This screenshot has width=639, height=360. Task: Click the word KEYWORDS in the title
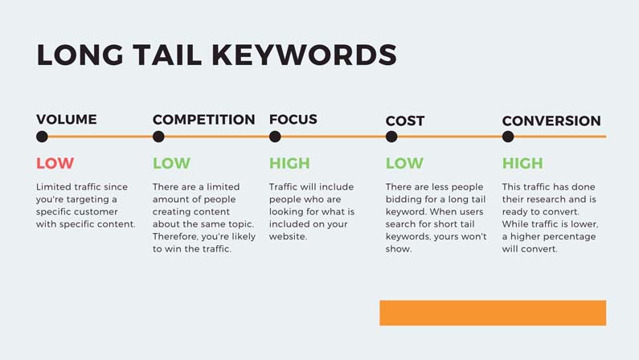click(304, 55)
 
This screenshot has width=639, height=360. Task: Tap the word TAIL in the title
click(167, 55)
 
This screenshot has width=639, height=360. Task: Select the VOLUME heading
click(67, 119)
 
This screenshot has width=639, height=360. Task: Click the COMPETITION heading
click(204, 119)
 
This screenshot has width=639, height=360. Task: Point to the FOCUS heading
click(293, 119)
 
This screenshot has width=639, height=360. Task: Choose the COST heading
click(405, 121)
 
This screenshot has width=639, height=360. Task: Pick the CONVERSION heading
click(551, 121)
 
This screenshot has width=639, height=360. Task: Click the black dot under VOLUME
click(42, 137)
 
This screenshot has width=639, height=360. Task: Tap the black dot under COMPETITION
click(158, 137)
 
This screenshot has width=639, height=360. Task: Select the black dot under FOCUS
click(275, 137)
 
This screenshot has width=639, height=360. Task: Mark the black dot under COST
click(391, 137)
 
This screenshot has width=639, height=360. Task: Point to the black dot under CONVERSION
click(508, 137)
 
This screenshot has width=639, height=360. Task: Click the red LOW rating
click(55, 163)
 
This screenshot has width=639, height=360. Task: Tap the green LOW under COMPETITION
click(171, 163)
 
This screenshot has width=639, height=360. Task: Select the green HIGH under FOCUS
click(289, 163)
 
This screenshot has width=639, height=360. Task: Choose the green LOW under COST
click(404, 163)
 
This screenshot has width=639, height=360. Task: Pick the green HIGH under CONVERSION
click(522, 163)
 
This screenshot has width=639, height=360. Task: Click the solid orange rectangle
click(493, 313)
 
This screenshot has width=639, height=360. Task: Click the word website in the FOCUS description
click(288, 236)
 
